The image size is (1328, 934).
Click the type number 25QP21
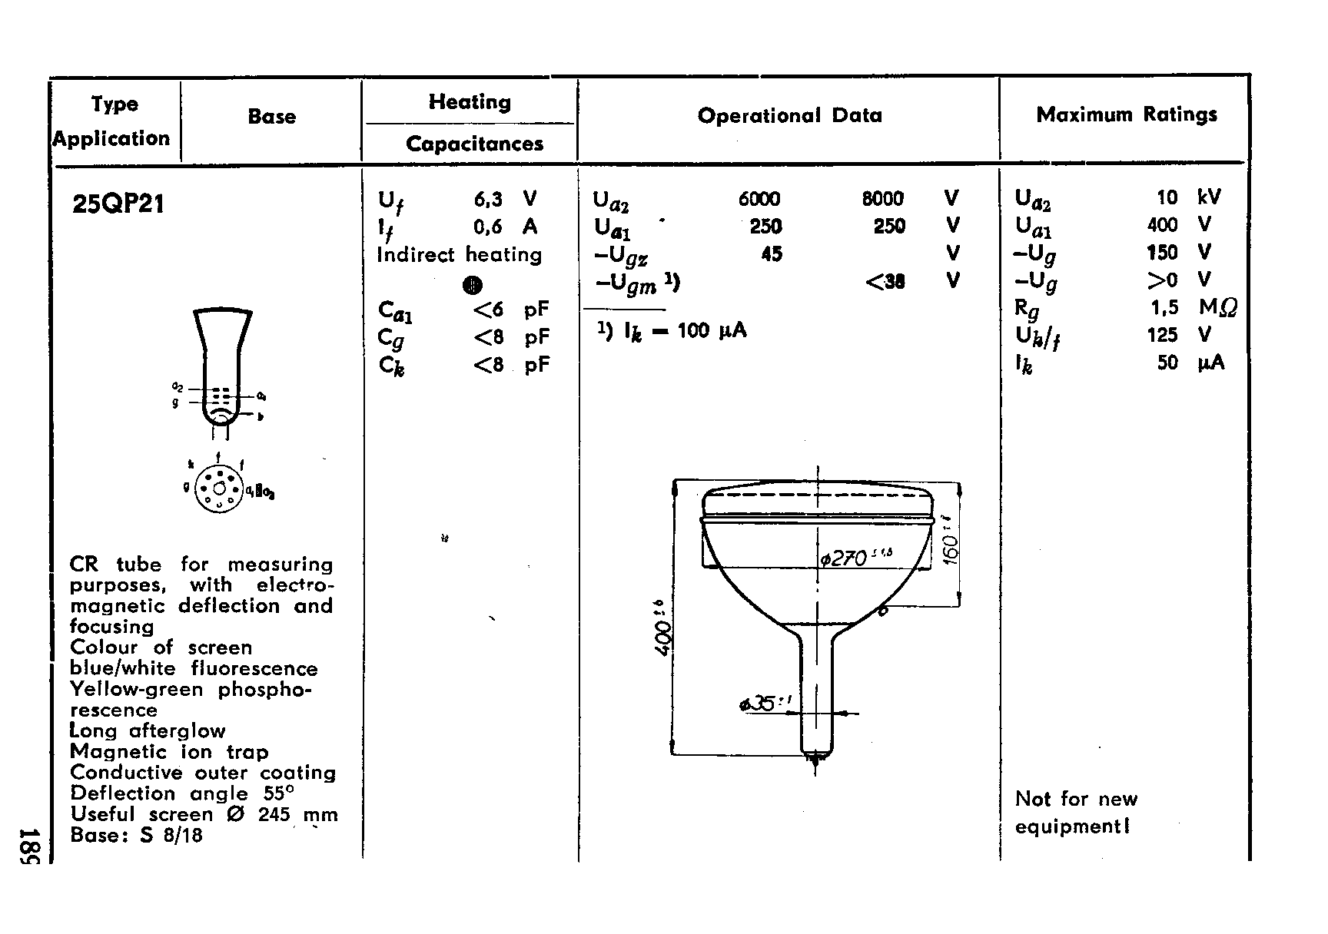(118, 204)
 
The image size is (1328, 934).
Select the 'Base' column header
(271, 117)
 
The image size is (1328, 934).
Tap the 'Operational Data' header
(789, 116)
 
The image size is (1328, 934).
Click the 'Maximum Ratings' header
(1126, 115)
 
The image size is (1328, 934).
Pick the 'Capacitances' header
(474, 144)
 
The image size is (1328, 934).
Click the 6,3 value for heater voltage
(488, 200)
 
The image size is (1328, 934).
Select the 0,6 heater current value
(488, 227)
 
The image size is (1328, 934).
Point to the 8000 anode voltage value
(882, 199)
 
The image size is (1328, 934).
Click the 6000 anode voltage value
(759, 199)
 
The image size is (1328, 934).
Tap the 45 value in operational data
(771, 253)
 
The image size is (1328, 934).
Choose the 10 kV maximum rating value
(1167, 197)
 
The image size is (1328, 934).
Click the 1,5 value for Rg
(1164, 307)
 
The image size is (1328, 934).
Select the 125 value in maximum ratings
(1162, 335)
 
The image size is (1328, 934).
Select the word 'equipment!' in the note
(1072, 826)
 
